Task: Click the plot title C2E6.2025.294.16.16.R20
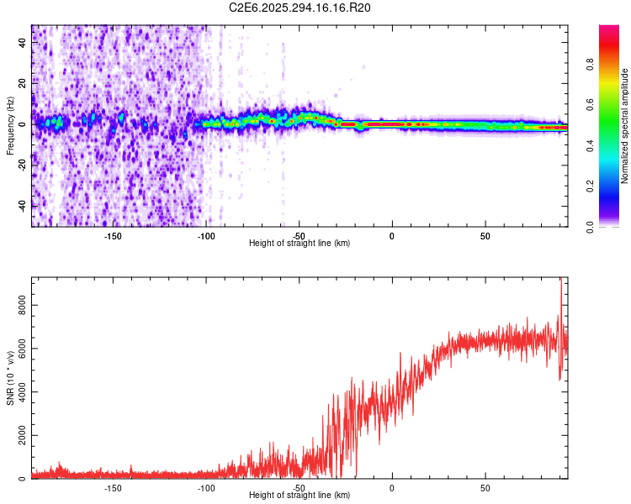(x=300, y=8)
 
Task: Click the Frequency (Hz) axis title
(x=10, y=126)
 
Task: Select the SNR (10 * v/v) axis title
(x=10, y=381)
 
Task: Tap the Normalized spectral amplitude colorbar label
(x=625, y=126)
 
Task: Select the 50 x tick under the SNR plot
(x=485, y=486)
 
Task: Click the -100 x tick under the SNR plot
(x=206, y=486)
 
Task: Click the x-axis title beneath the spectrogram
(x=300, y=243)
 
